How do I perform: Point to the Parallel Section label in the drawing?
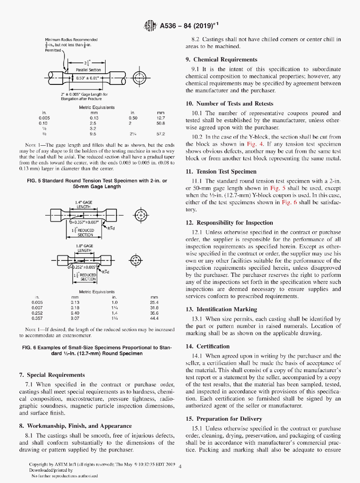pyautogui.click(x=89, y=70)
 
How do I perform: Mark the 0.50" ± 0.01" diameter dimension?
pyautogui.click(x=89, y=78)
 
